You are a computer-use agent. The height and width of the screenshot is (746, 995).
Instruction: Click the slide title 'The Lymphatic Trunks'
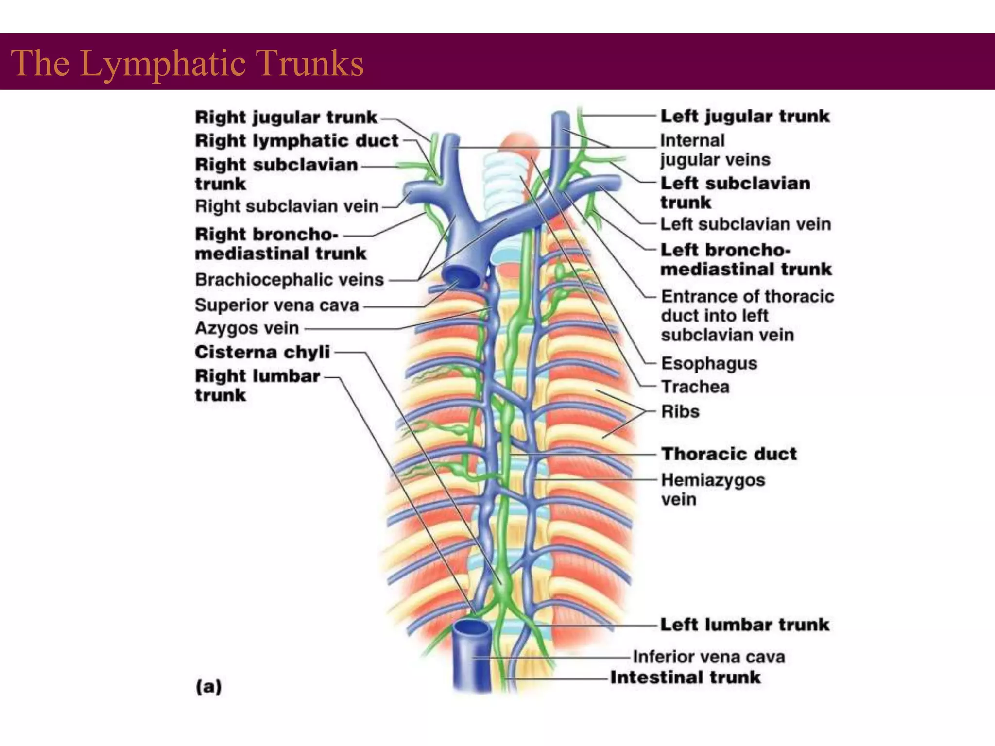click(x=187, y=63)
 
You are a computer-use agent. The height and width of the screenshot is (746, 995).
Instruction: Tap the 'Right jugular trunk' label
click(x=286, y=117)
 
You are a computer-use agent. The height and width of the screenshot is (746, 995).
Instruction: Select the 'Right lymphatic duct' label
click(x=296, y=141)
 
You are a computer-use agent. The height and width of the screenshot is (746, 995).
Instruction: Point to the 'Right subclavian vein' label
click(x=287, y=206)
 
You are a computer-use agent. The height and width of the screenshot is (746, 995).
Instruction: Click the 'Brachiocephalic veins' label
click(x=289, y=280)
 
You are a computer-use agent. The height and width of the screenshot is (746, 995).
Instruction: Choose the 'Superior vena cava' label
click(x=277, y=305)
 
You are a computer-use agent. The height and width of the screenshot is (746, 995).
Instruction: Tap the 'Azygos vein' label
click(x=247, y=328)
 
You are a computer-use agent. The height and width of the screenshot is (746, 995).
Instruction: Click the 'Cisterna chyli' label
click(x=262, y=352)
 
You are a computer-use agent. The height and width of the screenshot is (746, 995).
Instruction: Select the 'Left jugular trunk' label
click(x=745, y=116)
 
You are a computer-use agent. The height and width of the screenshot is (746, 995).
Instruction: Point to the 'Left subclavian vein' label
click(x=746, y=224)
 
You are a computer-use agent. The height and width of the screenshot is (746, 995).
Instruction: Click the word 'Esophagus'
click(x=709, y=363)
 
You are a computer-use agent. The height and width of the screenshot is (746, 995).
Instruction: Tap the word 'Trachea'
click(x=695, y=387)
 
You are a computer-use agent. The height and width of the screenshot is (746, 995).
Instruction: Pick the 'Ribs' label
click(x=680, y=411)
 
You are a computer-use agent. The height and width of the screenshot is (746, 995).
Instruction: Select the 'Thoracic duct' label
click(x=729, y=454)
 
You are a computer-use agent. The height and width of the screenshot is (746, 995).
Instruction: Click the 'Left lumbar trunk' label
click(x=745, y=625)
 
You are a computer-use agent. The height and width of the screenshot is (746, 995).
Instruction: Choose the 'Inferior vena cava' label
click(x=709, y=657)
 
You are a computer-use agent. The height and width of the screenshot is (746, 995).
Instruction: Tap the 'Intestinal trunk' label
click(x=685, y=678)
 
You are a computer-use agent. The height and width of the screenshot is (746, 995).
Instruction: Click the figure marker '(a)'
click(x=208, y=687)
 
